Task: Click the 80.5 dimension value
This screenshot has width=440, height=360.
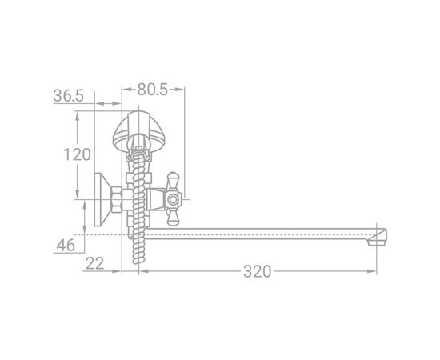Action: tap(152, 90)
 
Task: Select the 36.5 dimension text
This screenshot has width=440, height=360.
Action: tap(69, 96)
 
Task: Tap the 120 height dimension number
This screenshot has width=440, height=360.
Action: tap(77, 154)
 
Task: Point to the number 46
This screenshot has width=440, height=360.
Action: tap(66, 246)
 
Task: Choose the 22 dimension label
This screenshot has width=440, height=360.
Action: tap(94, 263)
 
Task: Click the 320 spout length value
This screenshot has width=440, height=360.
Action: tap(258, 271)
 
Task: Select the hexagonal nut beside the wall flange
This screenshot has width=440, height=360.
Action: tap(117, 199)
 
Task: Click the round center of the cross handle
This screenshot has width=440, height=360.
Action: tap(173, 200)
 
